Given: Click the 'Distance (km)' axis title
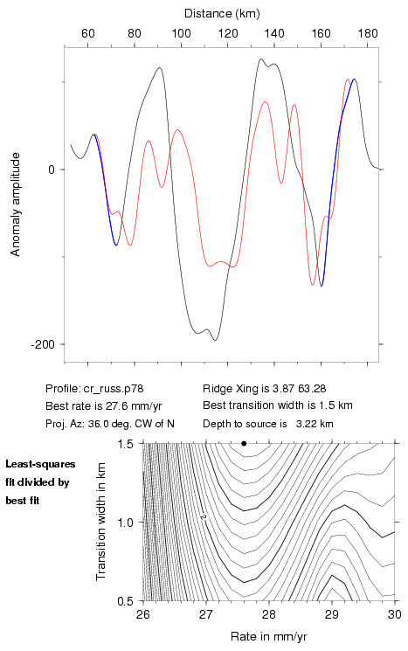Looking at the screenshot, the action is click(x=222, y=14).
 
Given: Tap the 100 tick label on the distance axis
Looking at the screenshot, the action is click(x=181, y=33).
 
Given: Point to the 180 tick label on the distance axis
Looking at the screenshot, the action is click(x=368, y=33).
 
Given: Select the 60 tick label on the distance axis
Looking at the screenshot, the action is click(x=88, y=33).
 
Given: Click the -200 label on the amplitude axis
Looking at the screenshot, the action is click(x=43, y=344).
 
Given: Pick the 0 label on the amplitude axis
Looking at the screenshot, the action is click(x=52, y=170).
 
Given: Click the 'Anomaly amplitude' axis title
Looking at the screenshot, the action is click(x=16, y=204).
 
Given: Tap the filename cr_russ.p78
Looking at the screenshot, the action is click(x=114, y=389).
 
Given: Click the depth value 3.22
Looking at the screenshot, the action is click(x=304, y=424).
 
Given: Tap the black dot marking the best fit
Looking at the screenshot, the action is click(x=244, y=443).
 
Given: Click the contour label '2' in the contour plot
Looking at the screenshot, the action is click(x=204, y=517).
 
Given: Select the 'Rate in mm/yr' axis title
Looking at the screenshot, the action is click(x=268, y=637).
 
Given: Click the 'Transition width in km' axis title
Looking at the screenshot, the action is click(x=100, y=522).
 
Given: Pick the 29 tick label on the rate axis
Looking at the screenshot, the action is click(x=332, y=614).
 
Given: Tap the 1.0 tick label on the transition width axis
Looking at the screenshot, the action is click(x=125, y=523).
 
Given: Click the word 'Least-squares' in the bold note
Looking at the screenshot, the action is click(x=41, y=464).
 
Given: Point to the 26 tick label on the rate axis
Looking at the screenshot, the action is click(x=143, y=614).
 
